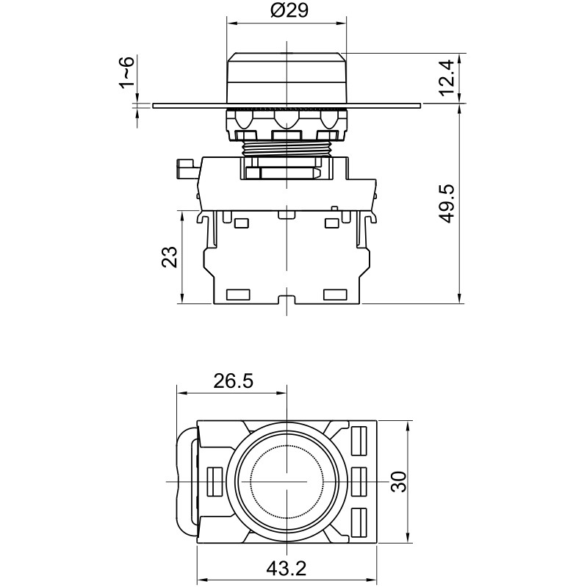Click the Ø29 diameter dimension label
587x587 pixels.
click(287, 11)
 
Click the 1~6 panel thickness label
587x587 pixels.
click(126, 73)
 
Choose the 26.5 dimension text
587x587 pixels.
click(233, 381)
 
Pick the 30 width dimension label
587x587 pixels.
click(397, 482)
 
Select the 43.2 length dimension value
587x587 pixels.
click(287, 568)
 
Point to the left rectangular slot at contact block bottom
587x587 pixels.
click(239, 295)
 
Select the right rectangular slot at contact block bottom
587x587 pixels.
click(335, 295)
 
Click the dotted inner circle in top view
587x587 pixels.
click(286, 481)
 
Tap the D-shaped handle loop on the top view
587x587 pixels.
click(187, 481)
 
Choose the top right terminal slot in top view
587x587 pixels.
click(360, 440)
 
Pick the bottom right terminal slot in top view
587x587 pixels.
click(360, 522)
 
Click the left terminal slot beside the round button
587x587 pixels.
click(215, 481)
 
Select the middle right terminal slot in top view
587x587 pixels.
click(360, 481)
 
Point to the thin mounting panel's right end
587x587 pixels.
click(419, 106)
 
